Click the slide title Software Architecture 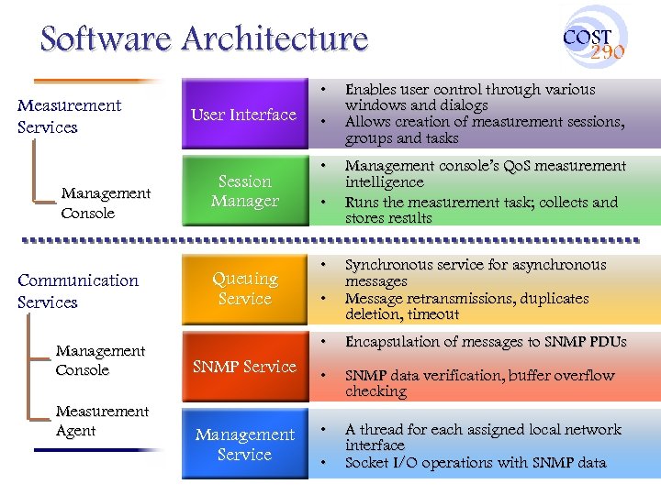tap(204, 38)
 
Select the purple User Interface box tap(244, 115)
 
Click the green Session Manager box tap(244, 192)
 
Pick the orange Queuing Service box tap(244, 288)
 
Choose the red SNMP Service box tap(244, 367)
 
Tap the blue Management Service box tap(244, 445)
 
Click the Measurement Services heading tap(69, 116)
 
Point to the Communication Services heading tap(77, 291)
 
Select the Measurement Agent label tap(101, 421)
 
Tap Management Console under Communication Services tap(100, 360)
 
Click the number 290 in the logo tap(607, 52)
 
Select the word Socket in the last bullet tap(366, 463)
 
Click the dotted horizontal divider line tap(330, 241)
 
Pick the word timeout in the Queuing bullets tap(433, 314)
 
